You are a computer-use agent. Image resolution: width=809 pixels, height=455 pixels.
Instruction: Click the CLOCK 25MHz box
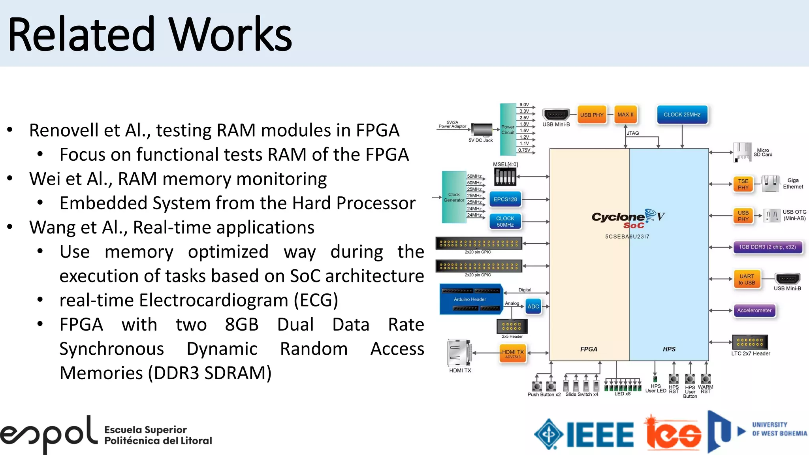tap(682, 115)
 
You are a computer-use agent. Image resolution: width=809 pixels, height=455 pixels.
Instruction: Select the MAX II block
tap(625, 115)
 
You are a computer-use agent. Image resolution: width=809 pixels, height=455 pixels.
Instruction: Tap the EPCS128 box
tap(505, 199)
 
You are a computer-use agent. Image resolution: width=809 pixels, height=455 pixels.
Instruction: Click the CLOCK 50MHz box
tap(505, 221)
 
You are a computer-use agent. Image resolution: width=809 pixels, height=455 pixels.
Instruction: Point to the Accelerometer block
tap(754, 310)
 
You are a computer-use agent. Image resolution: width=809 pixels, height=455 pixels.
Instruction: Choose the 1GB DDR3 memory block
tap(767, 247)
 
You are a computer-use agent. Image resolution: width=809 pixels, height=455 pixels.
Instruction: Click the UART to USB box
tap(747, 279)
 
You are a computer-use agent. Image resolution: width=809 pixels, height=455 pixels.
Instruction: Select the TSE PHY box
tap(743, 184)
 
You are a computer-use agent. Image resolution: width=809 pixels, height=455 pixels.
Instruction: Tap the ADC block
tap(533, 306)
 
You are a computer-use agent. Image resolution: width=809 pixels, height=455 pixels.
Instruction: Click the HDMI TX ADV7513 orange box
tap(512, 353)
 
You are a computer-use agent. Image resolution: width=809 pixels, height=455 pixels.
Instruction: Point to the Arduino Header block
tap(470, 299)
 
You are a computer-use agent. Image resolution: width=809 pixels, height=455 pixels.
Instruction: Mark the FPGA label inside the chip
tap(589, 349)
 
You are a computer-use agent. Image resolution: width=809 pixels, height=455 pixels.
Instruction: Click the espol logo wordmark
tap(49, 434)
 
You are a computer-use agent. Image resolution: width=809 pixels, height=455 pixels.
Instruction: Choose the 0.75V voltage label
tap(524, 150)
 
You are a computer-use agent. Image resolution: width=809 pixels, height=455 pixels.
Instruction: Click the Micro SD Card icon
tap(742, 152)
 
